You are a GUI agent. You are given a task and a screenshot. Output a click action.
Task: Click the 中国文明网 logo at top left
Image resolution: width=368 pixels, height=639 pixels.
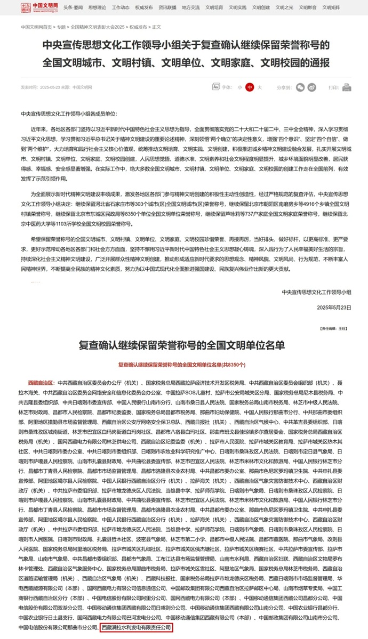coord(39,8)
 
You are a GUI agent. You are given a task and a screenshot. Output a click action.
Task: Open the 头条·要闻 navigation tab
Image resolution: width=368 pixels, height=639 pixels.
coord(73,8)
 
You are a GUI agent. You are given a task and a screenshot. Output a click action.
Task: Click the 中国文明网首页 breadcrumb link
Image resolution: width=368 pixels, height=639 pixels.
coord(36,26)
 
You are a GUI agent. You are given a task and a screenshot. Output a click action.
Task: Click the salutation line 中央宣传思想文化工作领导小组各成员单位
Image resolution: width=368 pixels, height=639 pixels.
coord(68,114)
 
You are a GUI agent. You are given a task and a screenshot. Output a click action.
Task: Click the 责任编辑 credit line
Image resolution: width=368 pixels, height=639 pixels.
coord(333,329)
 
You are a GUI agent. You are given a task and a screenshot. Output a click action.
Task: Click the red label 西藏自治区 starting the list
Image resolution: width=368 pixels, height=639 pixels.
coord(41,383)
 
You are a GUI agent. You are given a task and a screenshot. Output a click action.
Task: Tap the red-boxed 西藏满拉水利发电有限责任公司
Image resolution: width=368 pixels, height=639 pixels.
coord(137,628)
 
